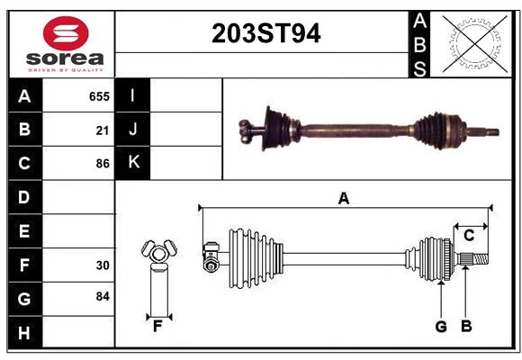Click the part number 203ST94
265,34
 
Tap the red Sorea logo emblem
66,36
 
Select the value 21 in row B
103,130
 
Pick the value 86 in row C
103,164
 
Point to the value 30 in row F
103,265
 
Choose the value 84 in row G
103,296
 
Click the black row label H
24,333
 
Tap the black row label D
24,196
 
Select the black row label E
24,231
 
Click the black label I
133,95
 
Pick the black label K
133,163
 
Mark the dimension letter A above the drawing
343,198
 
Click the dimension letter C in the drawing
470,235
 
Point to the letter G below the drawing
441,327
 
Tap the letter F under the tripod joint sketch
157,327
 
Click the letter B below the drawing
466,327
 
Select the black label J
133,130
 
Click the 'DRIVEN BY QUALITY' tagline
66,69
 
